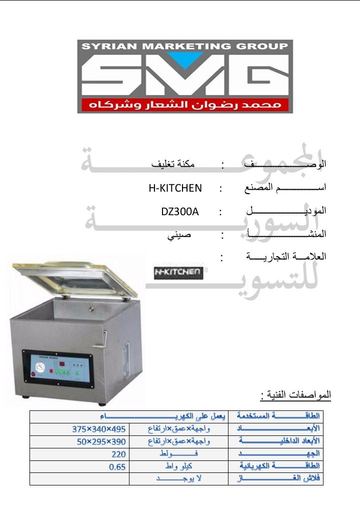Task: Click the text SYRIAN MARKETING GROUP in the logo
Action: tap(184, 46)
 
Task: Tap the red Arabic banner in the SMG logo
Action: tap(184, 106)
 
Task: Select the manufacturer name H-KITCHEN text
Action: tap(175, 188)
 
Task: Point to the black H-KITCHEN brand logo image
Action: tap(178, 272)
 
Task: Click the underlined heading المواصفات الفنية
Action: tap(295, 395)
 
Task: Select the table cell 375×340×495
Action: tap(96, 429)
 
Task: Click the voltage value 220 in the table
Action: tap(118, 454)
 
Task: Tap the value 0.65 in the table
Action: tap(117, 467)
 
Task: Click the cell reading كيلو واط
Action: tap(179, 466)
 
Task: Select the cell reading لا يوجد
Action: tap(179, 479)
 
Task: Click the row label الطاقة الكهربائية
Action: tap(279, 466)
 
